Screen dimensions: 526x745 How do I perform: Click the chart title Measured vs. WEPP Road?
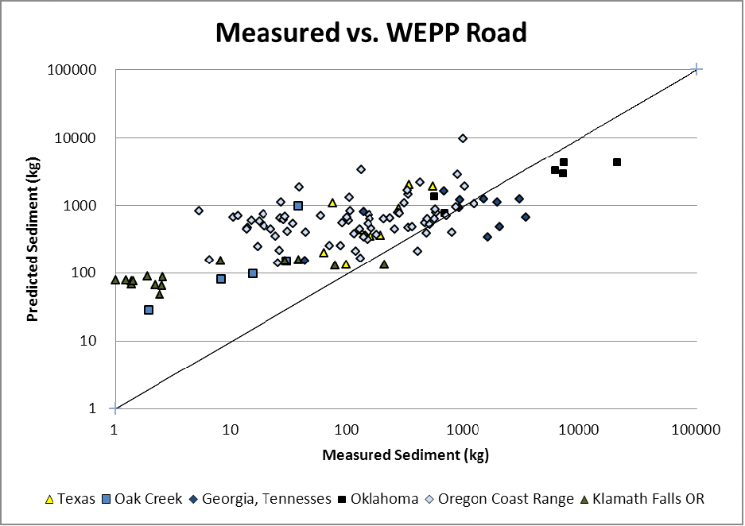371,33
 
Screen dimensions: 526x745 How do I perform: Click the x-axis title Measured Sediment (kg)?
405,455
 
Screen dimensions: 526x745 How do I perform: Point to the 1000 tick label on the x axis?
463,430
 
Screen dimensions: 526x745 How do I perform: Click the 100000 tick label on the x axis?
696,430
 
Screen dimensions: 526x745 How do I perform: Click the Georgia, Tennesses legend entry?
258,499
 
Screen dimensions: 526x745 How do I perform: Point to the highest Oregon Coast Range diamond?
463,138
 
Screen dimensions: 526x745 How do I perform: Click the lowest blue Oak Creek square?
149,310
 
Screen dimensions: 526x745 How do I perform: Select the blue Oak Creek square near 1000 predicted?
298,206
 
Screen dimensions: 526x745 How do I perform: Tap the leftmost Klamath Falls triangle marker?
115,280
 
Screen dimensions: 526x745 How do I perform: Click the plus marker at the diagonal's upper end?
696,70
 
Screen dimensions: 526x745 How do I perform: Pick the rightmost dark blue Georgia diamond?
526,217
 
